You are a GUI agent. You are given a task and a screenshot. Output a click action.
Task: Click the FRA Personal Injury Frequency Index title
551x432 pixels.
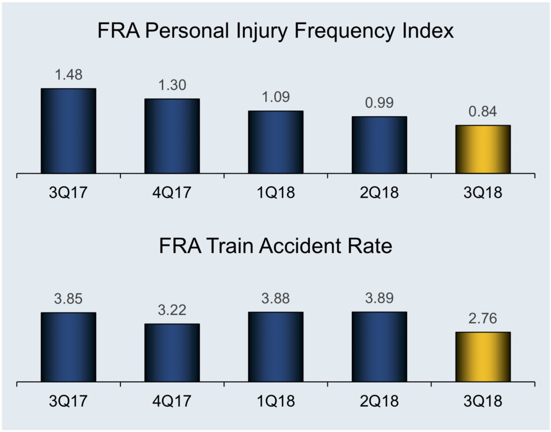[275, 32]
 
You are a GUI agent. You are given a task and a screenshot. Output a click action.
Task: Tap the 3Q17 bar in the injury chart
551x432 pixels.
[68, 131]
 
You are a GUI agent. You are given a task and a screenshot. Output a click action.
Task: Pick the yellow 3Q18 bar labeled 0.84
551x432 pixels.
[483, 150]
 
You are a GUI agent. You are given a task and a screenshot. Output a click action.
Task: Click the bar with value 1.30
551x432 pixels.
[172, 137]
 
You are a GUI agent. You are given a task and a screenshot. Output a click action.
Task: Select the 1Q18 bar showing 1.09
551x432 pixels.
[275, 143]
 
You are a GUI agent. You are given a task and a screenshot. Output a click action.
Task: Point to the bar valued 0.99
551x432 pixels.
[379, 145]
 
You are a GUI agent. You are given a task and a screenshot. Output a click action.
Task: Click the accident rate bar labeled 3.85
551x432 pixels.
[68, 348]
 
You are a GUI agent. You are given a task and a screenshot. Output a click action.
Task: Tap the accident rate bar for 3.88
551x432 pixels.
[275, 348]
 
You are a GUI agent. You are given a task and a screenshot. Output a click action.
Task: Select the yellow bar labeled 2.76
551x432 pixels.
[483, 357]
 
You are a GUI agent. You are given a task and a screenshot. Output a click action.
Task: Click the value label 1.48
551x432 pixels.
[68, 75]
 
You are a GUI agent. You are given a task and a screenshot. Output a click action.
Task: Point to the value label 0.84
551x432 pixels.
[483, 112]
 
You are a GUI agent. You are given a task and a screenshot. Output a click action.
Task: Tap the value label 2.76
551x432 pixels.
[483, 319]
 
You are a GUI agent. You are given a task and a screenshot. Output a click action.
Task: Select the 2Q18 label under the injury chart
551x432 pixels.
[379, 193]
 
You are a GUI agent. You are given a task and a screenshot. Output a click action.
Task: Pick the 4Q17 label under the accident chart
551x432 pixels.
[172, 401]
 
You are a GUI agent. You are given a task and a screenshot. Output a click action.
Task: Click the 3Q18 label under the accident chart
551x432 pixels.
[483, 401]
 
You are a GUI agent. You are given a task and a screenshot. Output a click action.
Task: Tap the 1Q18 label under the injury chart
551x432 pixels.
[275, 193]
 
